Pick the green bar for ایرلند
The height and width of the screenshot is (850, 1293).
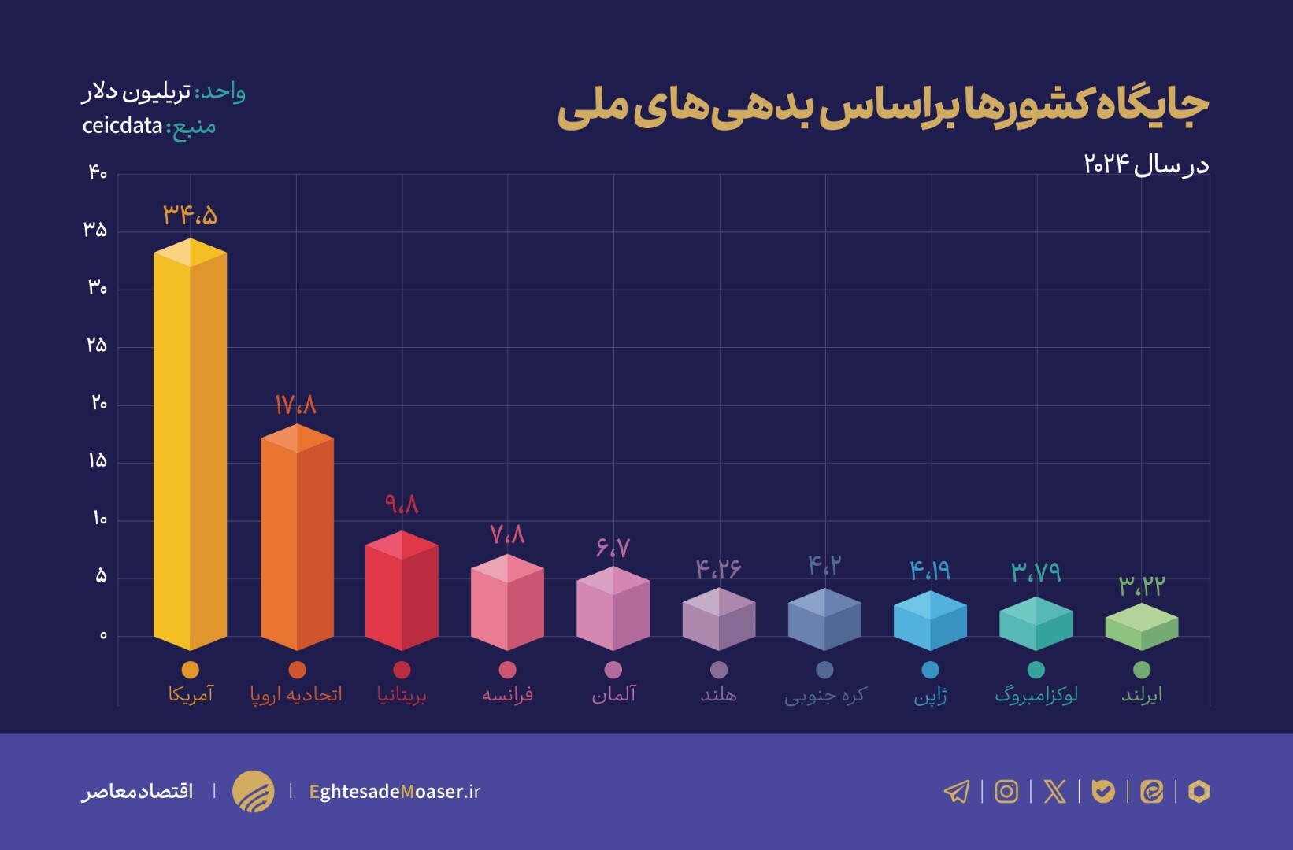[x=1141, y=627]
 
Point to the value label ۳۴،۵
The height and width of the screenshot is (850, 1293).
[x=190, y=215]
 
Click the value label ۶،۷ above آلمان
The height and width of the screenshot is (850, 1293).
[x=613, y=547]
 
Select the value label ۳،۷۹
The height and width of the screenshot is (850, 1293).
[x=1036, y=571]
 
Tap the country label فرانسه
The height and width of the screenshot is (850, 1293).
[x=507, y=694]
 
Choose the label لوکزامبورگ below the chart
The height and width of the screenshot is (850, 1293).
[x=1036, y=695]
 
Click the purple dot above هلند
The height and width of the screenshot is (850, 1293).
[x=719, y=670]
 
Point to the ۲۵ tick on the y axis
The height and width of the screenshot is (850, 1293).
[x=96, y=345]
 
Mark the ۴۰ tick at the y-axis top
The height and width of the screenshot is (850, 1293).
[x=97, y=172]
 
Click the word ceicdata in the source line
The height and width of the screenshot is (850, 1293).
[x=122, y=126]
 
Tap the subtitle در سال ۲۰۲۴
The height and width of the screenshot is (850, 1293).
[x=1146, y=164]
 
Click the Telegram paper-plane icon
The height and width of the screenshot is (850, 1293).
[x=957, y=791]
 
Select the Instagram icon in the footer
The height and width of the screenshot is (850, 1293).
[x=1006, y=791]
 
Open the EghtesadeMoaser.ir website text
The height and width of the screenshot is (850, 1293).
[x=395, y=792]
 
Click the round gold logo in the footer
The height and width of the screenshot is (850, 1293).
[x=253, y=791]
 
